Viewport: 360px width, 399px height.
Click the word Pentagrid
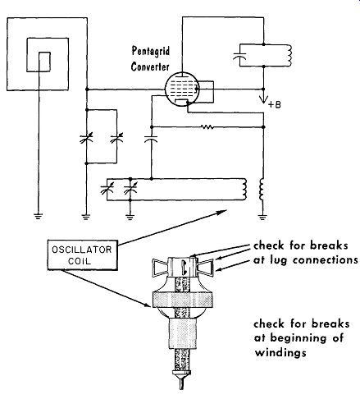pyautogui.click(x=151, y=52)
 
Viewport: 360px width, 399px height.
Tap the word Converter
pyautogui.click(x=150, y=66)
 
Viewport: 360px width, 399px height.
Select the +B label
pyautogui.click(x=275, y=105)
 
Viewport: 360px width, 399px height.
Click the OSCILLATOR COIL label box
pyautogui.click(x=83, y=255)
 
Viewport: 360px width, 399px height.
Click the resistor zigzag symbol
pyautogui.click(x=207, y=127)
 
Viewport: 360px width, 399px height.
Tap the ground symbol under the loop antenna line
pyautogui.click(x=39, y=216)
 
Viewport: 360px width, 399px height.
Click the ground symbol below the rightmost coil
pyautogui.click(x=262, y=218)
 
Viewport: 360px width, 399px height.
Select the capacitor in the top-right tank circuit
pyautogui.click(x=239, y=57)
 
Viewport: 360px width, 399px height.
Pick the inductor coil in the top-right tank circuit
pyautogui.click(x=289, y=55)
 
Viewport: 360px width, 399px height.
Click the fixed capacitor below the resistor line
pyautogui.click(x=151, y=139)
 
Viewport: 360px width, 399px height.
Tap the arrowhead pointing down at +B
pyautogui.click(x=263, y=99)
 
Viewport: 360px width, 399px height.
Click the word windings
pyautogui.click(x=280, y=352)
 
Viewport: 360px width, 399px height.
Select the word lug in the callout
pyautogui.click(x=278, y=260)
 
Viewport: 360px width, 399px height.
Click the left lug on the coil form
pyautogui.click(x=160, y=267)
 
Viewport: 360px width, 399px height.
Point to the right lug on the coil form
pyautogui.click(x=205, y=267)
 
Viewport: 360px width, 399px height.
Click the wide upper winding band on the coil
pyautogui.click(x=183, y=299)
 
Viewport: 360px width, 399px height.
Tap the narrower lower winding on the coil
pyautogui.click(x=183, y=333)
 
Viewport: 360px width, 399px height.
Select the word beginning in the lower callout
pyautogui.click(x=298, y=338)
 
